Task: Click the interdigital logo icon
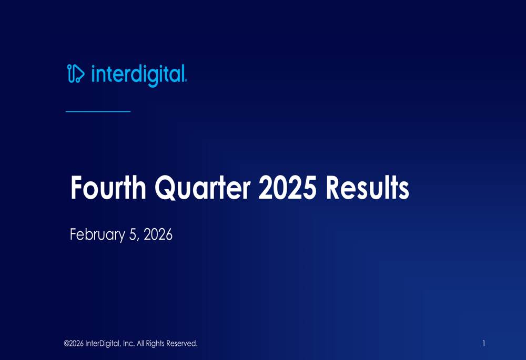76,74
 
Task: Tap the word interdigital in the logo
138,75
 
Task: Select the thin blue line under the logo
98,111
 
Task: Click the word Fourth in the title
108,188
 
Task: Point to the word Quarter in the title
203,188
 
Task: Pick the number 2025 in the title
288,188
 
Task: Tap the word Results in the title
367,188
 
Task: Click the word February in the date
97,234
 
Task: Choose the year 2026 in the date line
158,234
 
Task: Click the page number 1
484,343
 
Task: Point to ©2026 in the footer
74,344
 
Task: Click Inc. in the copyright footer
129,344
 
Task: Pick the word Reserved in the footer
182,344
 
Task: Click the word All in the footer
140,344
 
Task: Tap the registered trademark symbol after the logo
186,81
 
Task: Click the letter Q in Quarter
165,188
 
